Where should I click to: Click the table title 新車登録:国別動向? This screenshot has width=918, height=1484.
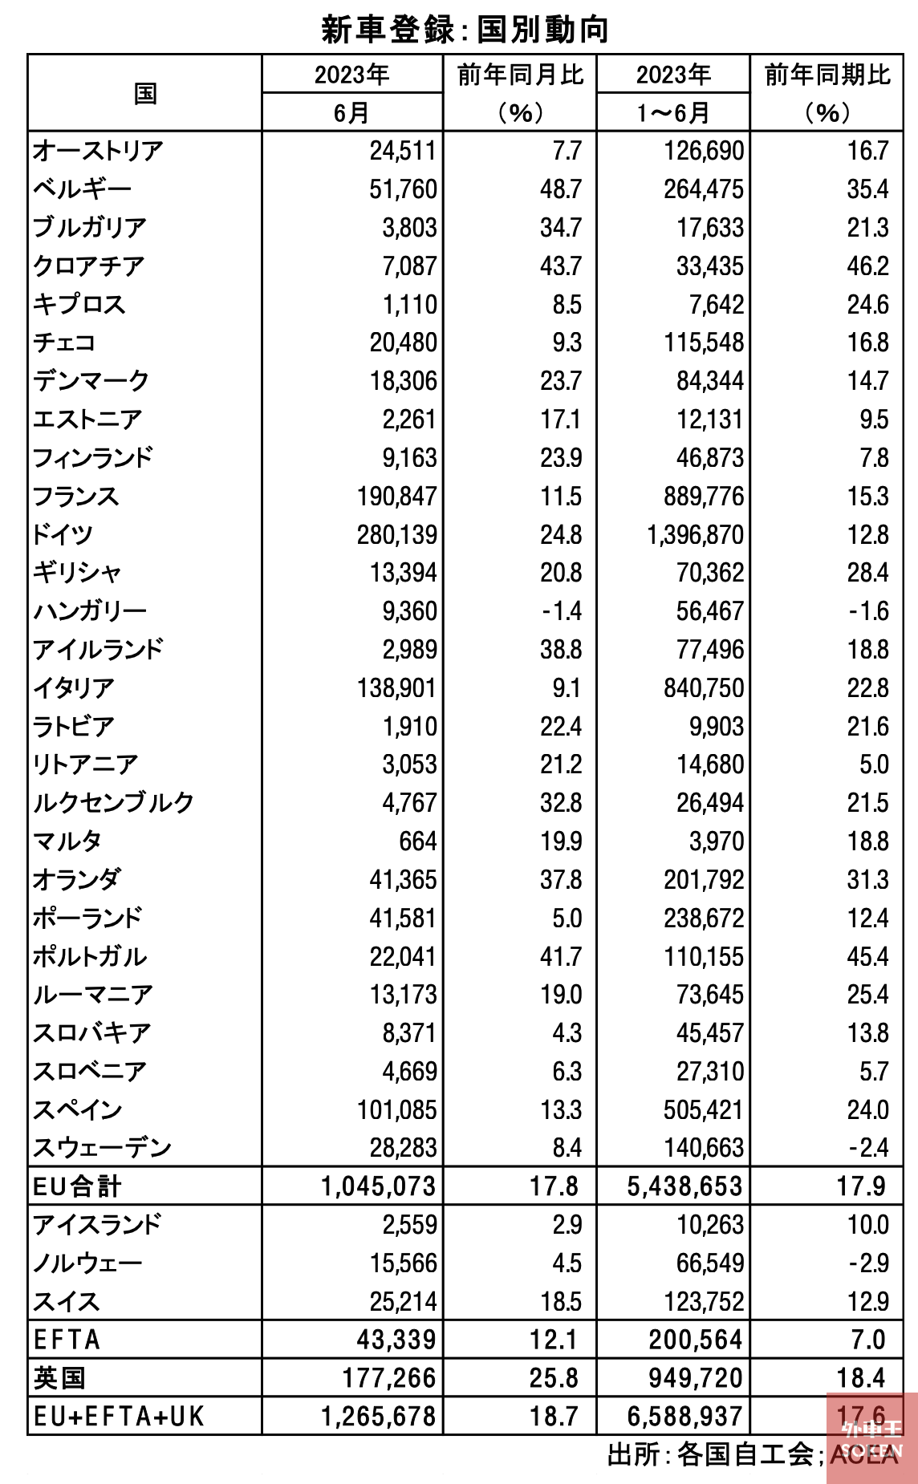coord(465,29)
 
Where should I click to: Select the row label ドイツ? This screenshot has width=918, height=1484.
coord(63,534)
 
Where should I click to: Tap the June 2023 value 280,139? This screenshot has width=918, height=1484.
coord(397,534)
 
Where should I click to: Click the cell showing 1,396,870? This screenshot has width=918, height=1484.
coord(696,534)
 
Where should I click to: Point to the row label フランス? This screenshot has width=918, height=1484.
coord(75,496)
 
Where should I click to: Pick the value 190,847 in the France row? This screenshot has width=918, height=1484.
coord(397,496)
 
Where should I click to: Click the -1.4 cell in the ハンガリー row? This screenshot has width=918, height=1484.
coord(561,611)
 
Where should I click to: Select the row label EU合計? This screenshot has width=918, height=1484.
coord(77,1186)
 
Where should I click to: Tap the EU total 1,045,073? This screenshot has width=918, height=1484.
coord(379,1186)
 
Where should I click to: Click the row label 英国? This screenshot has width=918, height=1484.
coord(59,1378)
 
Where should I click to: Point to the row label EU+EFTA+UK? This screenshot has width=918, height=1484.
coord(119,1417)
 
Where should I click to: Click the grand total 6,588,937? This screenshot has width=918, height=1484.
coord(685,1417)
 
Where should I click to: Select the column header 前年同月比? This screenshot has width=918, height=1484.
coord(520,75)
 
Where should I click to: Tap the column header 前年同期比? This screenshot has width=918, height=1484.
coord(827,75)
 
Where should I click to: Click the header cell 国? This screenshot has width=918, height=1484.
coord(145,93)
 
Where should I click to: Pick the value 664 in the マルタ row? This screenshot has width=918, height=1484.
coord(418,841)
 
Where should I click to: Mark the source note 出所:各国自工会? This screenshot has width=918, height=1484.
coord(710,1454)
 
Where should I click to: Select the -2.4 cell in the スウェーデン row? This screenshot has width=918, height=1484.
coord(868,1147)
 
